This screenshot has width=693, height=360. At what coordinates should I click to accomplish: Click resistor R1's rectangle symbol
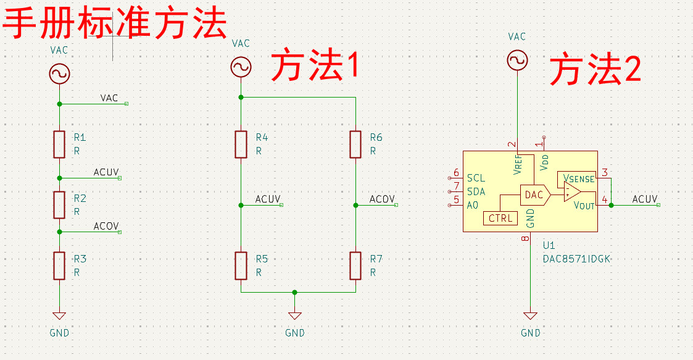coord(59,144)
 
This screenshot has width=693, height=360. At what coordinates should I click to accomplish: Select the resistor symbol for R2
coord(59,205)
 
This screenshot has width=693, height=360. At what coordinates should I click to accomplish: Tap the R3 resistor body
coord(59,266)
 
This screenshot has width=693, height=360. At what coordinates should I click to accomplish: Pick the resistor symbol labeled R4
coord(241,144)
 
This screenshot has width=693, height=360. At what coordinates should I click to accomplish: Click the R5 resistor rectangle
coord(241,266)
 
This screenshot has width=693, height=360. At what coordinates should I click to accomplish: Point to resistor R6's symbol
coord(355,144)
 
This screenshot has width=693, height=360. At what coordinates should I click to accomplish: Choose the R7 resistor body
coord(355,266)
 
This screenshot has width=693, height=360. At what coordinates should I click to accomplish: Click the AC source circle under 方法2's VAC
coord(517,60)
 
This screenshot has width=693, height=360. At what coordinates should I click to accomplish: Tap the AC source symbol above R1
coord(59,74)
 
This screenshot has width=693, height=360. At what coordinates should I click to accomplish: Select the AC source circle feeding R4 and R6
coord(241,67)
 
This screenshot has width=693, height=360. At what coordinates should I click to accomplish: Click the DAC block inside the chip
coord(535,195)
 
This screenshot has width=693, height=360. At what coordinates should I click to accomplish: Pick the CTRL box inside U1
coord(500,219)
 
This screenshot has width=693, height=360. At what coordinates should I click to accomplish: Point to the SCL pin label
coord(476,178)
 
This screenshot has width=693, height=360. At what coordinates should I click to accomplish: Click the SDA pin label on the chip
coord(476,191)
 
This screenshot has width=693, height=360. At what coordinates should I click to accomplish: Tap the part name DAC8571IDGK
coord(577,259)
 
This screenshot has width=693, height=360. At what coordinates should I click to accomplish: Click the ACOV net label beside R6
coord(382,199)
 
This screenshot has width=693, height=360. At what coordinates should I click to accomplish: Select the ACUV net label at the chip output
coord(645,199)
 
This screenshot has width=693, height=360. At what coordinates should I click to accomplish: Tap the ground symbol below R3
coord(59,316)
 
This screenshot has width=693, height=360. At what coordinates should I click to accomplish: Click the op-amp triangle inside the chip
coord(572,191)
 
